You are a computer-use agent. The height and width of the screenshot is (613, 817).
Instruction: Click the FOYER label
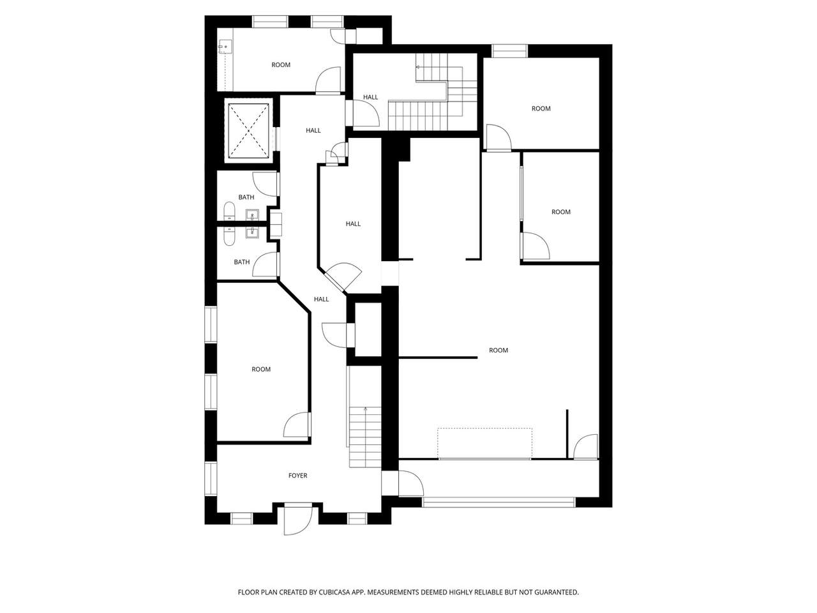297,475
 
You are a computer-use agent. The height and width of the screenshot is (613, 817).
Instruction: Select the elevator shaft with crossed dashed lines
248,131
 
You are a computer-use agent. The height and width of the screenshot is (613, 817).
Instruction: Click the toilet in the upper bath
229,211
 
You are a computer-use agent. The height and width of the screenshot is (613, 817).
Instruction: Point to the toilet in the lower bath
229,236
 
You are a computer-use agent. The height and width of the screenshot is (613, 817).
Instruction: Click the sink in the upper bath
252,215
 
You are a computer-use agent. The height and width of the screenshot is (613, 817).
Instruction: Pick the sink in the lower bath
252,232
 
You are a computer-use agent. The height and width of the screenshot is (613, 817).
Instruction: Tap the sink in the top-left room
225,47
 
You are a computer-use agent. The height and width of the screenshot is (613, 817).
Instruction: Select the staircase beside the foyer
365,437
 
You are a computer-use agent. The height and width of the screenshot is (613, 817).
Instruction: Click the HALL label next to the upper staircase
370,97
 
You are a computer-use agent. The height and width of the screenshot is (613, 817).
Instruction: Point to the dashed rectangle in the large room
484,443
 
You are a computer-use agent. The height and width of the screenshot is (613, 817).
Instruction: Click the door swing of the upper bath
265,185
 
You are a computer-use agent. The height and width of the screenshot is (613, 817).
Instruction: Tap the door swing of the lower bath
265,264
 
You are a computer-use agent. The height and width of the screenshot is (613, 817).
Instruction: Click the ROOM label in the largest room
498,350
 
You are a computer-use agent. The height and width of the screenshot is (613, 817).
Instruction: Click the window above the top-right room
509,51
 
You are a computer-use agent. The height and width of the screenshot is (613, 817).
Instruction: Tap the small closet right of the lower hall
368,329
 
